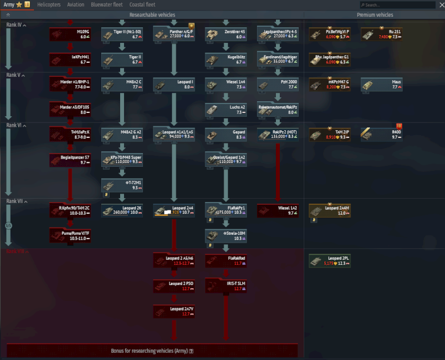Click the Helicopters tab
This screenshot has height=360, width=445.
(48, 4)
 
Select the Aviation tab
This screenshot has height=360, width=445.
(76, 4)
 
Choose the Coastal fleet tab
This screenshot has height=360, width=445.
(142, 4)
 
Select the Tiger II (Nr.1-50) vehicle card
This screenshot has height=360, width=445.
(122, 34)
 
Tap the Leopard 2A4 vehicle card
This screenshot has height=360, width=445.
(174, 210)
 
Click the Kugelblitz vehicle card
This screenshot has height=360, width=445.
(226, 60)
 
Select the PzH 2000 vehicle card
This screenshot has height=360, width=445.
(278, 84)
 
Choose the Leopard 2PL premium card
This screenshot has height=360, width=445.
(329, 260)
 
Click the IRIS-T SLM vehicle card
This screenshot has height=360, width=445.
(226, 285)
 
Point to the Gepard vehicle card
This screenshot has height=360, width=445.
(226, 134)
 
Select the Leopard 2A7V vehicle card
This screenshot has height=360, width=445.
(174, 310)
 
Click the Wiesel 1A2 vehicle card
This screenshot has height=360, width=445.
(278, 210)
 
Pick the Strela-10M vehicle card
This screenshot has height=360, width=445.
(226, 235)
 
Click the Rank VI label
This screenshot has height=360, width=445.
(14, 125)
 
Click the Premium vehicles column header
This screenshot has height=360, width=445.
(374, 15)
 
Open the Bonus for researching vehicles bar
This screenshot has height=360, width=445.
(152, 351)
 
